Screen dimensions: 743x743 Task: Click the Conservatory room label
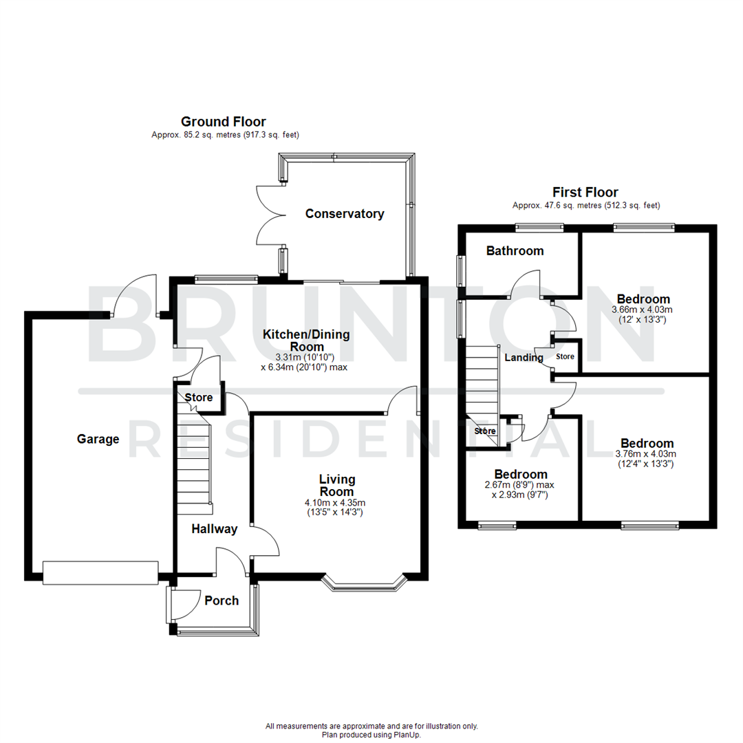point(344,214)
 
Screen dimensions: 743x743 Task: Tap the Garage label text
point(98,439)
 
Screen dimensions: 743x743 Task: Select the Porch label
point(222,601)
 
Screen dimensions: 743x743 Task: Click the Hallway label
point(214,529)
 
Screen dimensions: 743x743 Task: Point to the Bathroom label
point(515,251)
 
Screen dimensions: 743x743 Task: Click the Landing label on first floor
point(524,358)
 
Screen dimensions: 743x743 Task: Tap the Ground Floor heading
point(223,122)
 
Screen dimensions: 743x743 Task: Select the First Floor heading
point(585,193)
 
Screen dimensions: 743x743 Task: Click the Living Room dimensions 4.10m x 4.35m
point(336,503)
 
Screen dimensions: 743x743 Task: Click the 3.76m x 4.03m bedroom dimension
point(646,453)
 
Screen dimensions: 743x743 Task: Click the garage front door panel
point(100,572)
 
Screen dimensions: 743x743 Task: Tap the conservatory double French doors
point(270,215)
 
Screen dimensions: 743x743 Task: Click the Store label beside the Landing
point(565,357)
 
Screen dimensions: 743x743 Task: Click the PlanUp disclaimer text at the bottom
point(371,731)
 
